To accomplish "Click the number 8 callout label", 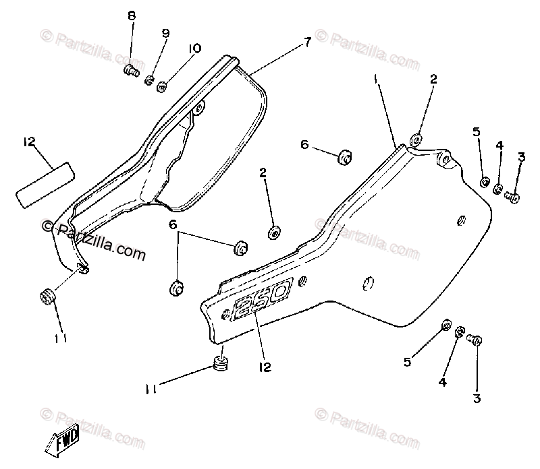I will (131, 15).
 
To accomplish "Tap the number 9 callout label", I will (165, 33).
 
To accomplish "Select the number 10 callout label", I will (195, 49).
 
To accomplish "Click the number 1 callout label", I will (377, 80).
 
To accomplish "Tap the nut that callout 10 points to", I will (162, 86).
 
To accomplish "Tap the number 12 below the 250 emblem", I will (264, 367).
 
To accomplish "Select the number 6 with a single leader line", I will (304, 144).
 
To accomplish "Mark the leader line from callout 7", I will (277, 57).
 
